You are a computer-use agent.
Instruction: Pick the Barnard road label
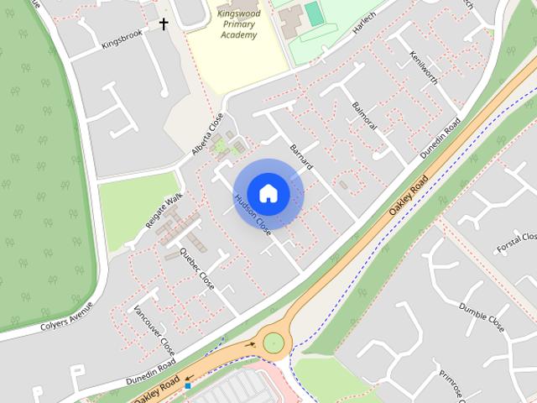point(300,155)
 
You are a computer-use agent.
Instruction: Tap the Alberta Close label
point(207,134)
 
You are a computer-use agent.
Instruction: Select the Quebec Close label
point(197,270)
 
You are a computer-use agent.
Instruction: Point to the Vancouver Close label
point(154,330)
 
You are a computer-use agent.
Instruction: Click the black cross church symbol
point(164,24)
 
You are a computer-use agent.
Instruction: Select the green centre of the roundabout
point(273,342)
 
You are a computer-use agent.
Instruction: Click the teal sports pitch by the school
point(313,13)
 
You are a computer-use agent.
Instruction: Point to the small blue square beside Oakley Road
point(188,386)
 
